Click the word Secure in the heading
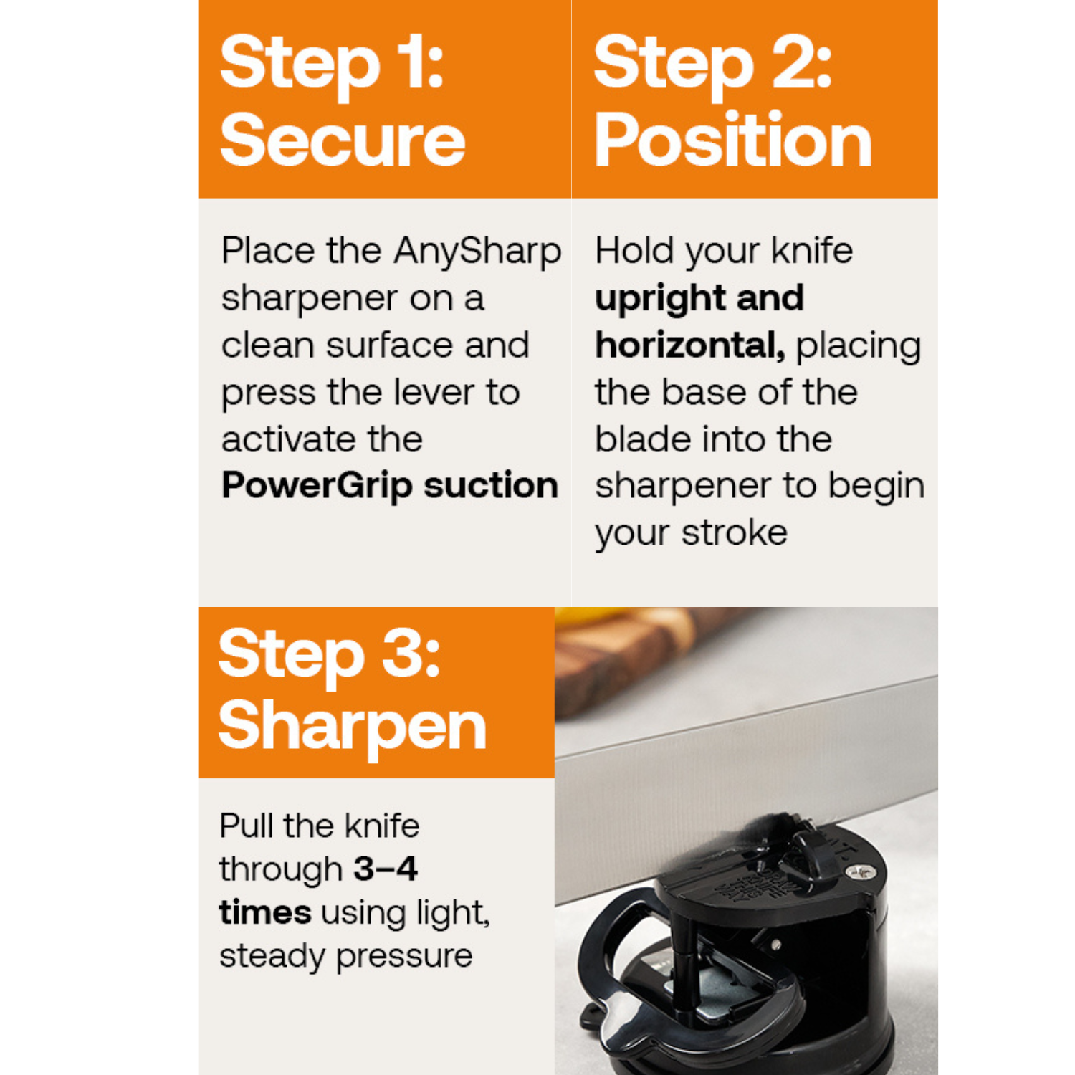point(343,140)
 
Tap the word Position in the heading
point(732,140)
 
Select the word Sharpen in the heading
point(352,727)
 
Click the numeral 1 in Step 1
point(414,63)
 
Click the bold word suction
point(490,486)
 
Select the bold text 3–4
point(386,869)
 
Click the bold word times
point(265,913)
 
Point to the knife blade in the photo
point(745,760)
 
